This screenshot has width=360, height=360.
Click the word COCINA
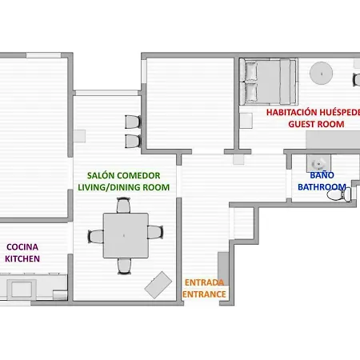(x=22, y=247)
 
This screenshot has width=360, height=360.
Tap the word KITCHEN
(x=22, y=258)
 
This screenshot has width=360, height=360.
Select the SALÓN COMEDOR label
(x=123, y=175)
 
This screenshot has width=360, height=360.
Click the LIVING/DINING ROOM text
(x=123, y=187)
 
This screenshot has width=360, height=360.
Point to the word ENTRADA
(x=204, y=282)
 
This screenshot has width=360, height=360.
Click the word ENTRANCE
(x=204, y=294)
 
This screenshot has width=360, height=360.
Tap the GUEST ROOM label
(x=316, y=124)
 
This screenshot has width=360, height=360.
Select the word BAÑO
(x=322, y=175)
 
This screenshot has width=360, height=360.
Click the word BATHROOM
(x=322, y=187)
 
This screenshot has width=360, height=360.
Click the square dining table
(x=126, y=235)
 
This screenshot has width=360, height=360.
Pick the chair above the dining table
(x=123, y=205)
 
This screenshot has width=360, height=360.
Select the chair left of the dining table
(x=96, y=237)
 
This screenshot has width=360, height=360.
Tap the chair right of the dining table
(x=155, y=232)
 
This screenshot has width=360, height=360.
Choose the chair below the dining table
(x=124, y=266)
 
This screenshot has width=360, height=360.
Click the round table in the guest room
(x=321, y=74)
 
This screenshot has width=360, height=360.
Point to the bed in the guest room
(x=269, y=82)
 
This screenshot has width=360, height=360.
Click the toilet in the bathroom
(x=338, y=195)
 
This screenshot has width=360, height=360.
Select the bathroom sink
(x=318, y=163)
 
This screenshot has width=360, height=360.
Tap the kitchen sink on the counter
(x=22, y=289)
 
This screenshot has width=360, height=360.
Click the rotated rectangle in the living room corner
(x=158, y=285)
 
